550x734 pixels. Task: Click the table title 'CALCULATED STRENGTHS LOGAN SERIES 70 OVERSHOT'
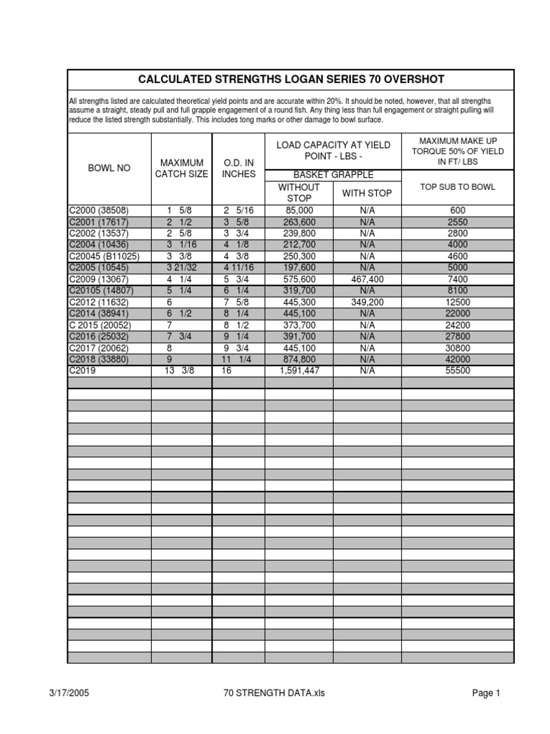(x=291, y=80)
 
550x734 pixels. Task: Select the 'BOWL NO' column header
(x=109, y=168)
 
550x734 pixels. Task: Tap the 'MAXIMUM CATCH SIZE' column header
(x=182, y=168)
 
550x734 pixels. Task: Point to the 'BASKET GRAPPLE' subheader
(x=333, y=175)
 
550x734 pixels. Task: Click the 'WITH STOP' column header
(x=367, y=193)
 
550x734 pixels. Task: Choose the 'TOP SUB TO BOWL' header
(x=458, y=187)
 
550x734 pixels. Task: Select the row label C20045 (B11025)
(x=104, y=257)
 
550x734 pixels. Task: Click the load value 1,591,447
(x=299, y=371)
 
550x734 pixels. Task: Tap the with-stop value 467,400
(x=367, y=280)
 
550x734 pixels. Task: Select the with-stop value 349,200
(x=367, y=302)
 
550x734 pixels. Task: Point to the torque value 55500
(x=458, y=371)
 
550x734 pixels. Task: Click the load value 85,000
(x=299, y=211)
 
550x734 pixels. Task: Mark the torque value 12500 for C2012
(x=458, y=302)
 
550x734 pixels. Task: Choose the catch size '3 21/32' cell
(x=181, y=268)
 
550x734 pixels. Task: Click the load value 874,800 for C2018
(x=299, y=360)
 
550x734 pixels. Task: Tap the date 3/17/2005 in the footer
(x=69, y=693)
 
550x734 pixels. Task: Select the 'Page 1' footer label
(x=486, y=693)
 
